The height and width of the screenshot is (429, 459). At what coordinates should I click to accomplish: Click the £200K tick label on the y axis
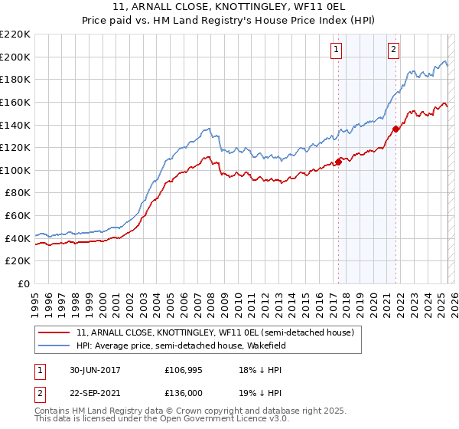click(x=15, y=57)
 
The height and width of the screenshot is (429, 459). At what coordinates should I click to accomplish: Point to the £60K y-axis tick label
click(x=18, y=216)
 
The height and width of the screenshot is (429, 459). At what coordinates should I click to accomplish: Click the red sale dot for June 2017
click(x=338, y=162)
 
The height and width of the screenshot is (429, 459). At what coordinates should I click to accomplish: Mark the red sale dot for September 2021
click(x=396, y=129)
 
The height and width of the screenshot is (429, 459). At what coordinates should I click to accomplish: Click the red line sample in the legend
click(x=54, y=333)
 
